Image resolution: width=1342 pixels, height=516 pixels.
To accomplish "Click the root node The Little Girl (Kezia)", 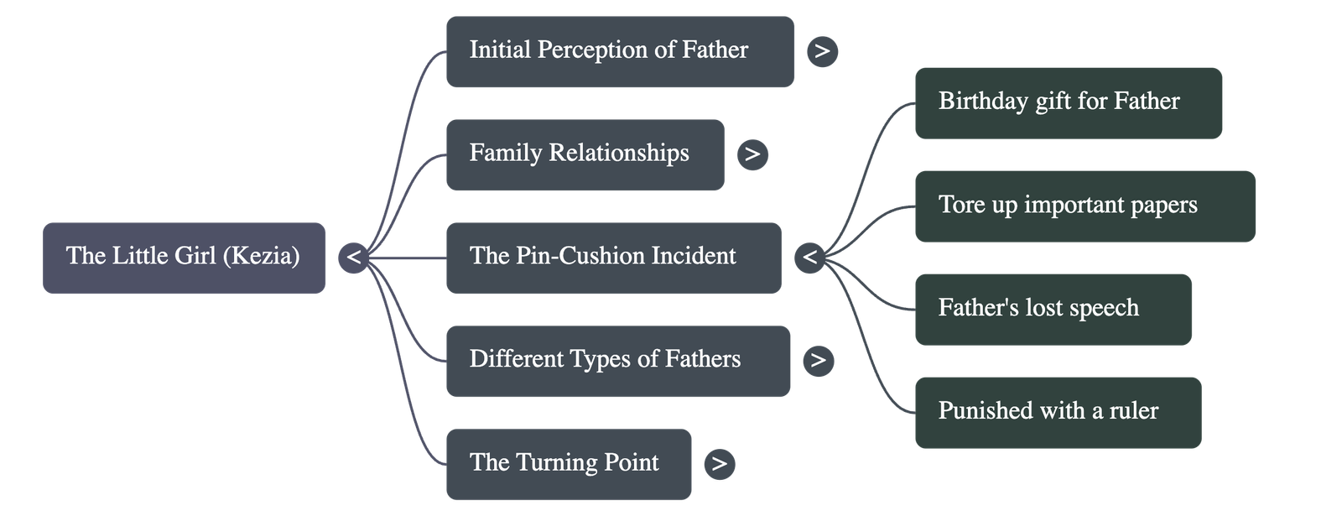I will [184, 258].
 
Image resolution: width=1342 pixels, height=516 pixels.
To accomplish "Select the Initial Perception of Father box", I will [619, 51].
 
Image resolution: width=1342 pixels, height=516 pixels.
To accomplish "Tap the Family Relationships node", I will [585, 154].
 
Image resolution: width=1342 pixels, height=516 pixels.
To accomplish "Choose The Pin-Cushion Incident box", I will [613, 258].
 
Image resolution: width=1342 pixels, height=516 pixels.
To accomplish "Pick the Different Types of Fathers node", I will [617, 361].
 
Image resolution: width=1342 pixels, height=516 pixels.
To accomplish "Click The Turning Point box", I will [569, 464].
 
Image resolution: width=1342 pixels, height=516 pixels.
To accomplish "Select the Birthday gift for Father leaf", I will [1068, 102].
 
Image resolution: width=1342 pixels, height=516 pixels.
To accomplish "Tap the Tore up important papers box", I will [1085, 206].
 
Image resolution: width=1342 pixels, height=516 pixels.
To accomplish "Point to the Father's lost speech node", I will [1053, 309].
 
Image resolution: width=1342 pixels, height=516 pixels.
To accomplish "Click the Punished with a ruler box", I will [1058, 412].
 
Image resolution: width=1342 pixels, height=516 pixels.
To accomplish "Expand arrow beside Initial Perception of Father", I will [822, 52].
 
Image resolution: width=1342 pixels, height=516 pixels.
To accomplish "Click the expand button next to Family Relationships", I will [752, 154].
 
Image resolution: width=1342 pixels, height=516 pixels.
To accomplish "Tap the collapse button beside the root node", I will [354, 258].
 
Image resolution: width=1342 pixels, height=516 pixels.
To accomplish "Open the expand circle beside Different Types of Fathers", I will [818, 361].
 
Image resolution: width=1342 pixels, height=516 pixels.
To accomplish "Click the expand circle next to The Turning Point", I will [720, 464].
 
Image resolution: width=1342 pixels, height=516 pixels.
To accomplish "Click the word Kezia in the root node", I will [262, 255].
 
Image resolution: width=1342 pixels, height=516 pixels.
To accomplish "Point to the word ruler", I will [1132, 410].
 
